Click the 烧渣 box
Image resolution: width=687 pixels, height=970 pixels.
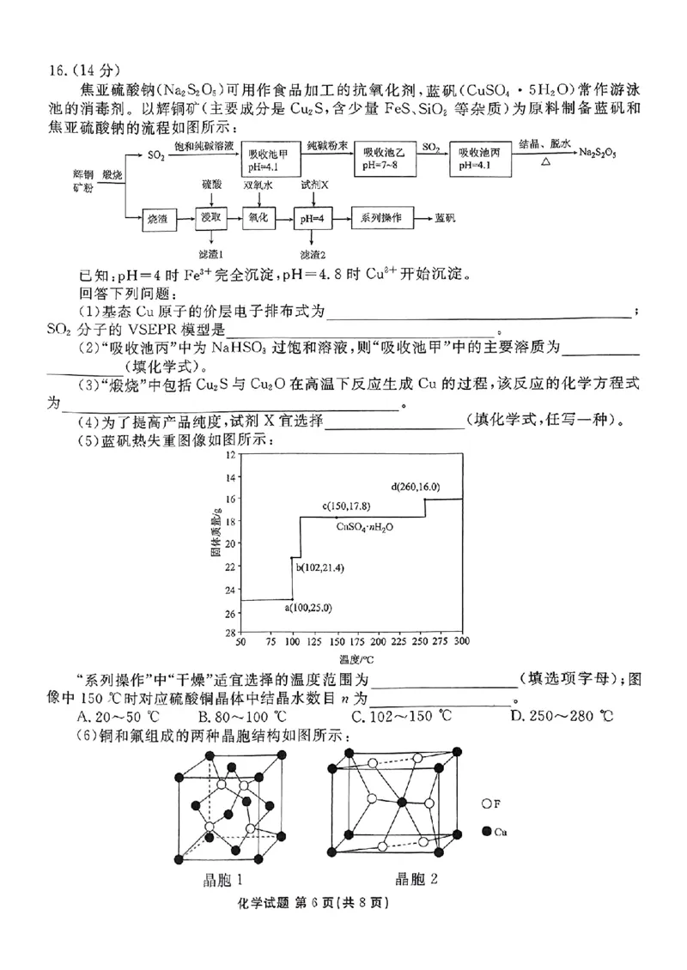tap(162, 219)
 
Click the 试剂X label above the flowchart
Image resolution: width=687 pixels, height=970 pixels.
tap(314, 185)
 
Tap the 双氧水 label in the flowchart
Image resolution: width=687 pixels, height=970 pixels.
tap(260, 185)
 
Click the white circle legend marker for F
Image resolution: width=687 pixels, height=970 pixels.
tap(486, 804)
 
